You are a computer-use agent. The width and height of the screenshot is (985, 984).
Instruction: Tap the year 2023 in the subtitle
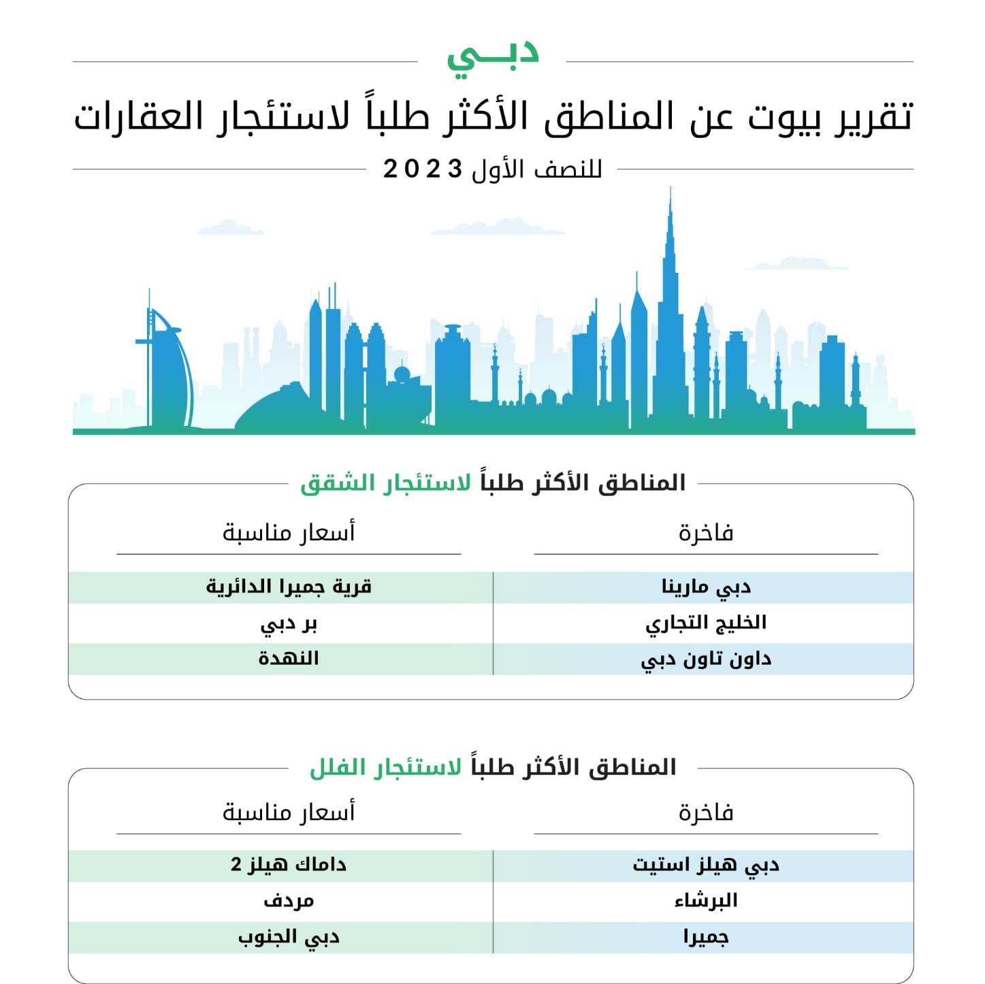pyautogui.click(x=423, y=169)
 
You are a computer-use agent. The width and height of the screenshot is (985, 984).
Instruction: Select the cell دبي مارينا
pyautogui.click(x=705, y=587)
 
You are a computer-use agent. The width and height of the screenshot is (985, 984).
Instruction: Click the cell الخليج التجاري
pyautogui.click(x=705, y=623)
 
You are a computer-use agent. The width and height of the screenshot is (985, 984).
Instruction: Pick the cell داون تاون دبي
pyautogui.click(x=705, y=659)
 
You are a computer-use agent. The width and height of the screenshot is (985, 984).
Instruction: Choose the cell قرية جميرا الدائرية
pyautogui.click(x=289, y=587)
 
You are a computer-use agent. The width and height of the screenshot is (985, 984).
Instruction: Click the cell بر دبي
pyautogui.click(x=289, y=623)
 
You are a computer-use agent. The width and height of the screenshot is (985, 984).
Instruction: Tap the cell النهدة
pyautogui.click(x=289, y=659)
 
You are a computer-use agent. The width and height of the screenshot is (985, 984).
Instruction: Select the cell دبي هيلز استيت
pyautogui.click(x=705, y=865)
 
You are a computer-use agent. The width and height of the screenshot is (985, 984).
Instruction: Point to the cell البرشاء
pyautogui.click(x=705, y=901)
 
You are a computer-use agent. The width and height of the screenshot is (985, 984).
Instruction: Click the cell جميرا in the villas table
pyautogui.click(x=705, y=937)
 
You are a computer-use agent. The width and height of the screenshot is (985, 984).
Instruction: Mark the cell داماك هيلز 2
pyautogui.click(x=289, y=865)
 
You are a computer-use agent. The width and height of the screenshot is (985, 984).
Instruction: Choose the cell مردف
pyautogui.click(x=289, y=901)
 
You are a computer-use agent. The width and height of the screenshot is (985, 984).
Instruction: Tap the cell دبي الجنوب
pyautogui.click(x=289, y=937)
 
